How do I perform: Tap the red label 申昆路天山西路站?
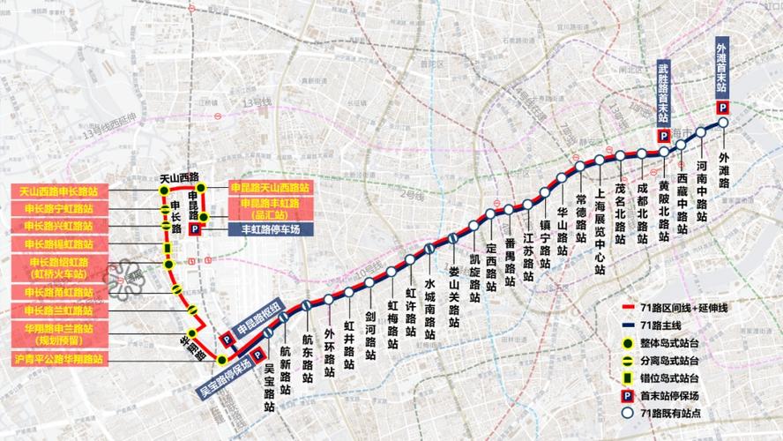point(270,188)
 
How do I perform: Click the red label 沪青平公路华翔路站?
point(58,360)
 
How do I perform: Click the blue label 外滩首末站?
point(721,69)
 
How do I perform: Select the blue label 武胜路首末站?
point(663,93)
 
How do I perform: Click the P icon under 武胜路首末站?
point(663,135)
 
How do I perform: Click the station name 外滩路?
point(724,170)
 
